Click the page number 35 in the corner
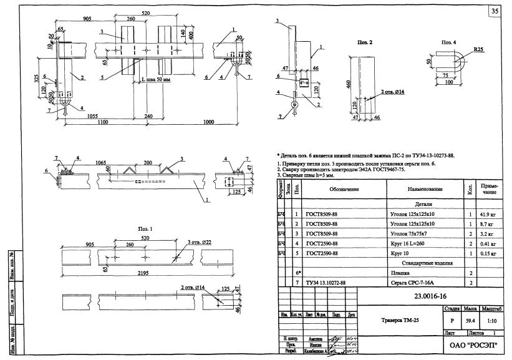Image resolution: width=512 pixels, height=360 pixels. [x=495, y=11]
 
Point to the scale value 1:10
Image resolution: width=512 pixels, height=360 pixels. [x=493, y=320]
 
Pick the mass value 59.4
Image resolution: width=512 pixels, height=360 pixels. [x=470, y=320]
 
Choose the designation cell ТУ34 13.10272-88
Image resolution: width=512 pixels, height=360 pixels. [x=326, y=283]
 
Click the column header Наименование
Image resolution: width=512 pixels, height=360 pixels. [x=425, y=188]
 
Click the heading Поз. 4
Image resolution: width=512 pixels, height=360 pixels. [x=449, y=42]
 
